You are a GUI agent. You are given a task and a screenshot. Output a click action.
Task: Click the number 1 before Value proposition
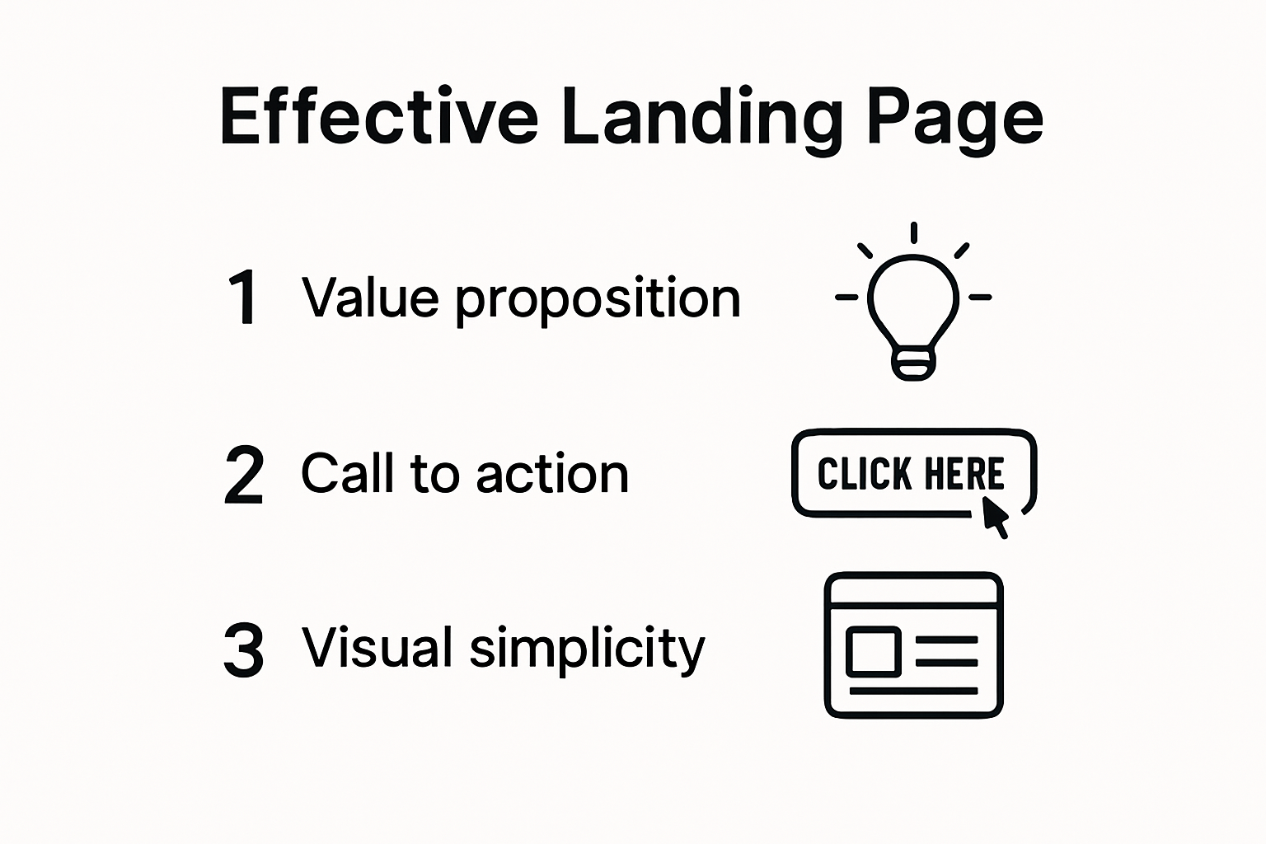point(242,297)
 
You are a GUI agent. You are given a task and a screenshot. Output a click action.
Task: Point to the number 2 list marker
point(244,474)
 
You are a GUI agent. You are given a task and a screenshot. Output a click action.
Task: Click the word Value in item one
point(370,297)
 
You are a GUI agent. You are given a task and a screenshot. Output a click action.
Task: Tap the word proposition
point(598,302)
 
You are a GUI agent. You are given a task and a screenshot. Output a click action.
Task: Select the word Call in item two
point(347,472)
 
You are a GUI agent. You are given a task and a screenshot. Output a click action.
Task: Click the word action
point(552,474)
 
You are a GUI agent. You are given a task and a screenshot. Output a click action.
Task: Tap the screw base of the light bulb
point(913,363)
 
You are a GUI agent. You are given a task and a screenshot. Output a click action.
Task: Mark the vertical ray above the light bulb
point(913,232)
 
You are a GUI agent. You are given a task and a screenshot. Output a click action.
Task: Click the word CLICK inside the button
point(864,473)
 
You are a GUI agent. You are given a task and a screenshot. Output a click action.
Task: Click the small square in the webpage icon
point(873,651)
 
